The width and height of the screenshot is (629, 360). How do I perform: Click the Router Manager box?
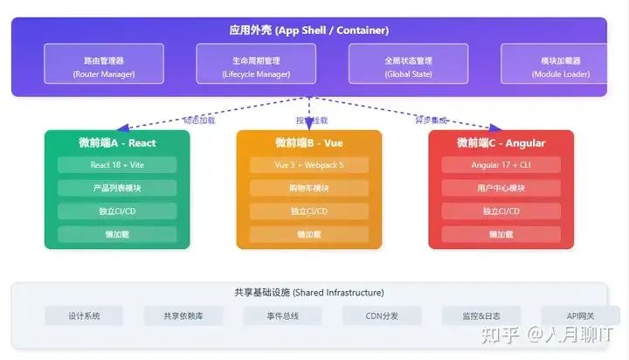click(103, 67)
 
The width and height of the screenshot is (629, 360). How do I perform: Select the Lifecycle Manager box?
click(256, 67)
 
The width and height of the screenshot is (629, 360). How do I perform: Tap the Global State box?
click(408, 67)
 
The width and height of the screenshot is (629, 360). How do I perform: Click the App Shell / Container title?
click(308, 31)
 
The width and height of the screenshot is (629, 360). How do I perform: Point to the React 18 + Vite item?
click(117, 164)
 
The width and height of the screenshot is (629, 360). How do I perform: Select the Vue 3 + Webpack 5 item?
click(309, 164)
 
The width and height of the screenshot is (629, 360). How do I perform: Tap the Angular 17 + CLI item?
click(501, 164)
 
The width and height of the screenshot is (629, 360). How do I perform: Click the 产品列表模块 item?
click(117, 188)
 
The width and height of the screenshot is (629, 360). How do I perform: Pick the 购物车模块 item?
click(309, 188)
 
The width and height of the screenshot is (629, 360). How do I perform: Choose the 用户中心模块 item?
click(501, 188)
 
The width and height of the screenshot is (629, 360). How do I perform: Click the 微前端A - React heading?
click(117, 142)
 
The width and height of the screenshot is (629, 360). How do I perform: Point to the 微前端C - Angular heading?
click(501, 142)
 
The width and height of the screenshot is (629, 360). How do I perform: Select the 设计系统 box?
click(85, 316)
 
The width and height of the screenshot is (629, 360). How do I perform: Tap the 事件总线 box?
click(282, 316)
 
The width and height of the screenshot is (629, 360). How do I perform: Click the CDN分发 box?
click(381, 316)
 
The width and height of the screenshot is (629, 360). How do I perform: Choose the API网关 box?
click(579, 316)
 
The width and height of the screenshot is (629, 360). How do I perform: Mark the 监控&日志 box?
click(480, 316)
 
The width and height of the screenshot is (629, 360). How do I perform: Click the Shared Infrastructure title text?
click(308, 292)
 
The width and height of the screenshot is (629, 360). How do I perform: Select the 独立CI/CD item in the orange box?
click(309, 211)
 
